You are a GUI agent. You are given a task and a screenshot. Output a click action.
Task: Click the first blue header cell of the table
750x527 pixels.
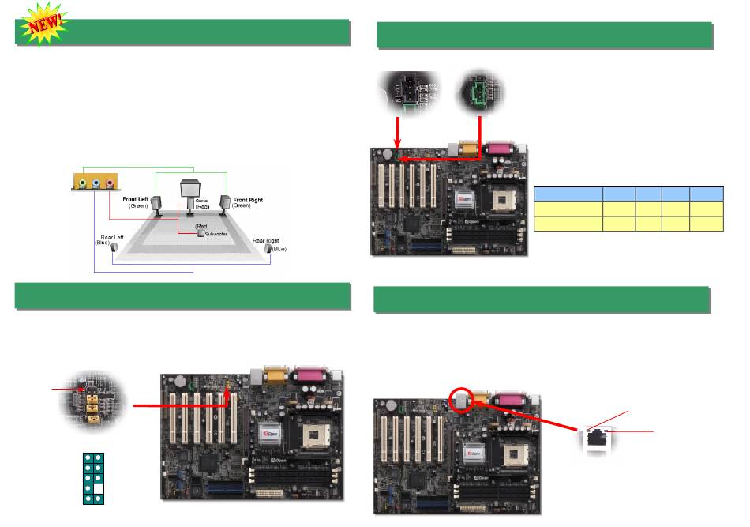[567, 192]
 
